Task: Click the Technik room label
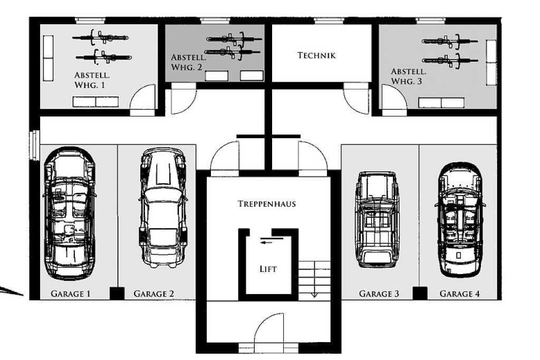pyautogui.click(x=316, y=55)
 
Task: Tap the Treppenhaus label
pyautogui.click(x=267, y=204)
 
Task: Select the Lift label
pyautogui.click(x=268, y=269)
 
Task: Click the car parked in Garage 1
pyautogui.click(x=70, y=213)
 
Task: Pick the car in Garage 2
pyautogui.click(x=163, y=208)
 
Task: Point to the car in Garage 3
pyautogui.click(x=378, y=219)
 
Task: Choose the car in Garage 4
pyautogui.click(x=459, y=220)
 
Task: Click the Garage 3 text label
pyautogui.click(x=379, y=294)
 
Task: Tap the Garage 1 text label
pyautogui.click(x=71, y=294)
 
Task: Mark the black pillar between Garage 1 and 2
pyautogui.click(x=117, y=293)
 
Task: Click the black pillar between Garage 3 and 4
pyautogui.click(x=420, y=293)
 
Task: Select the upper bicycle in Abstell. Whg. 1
pyautogui.click(x=100, y=37)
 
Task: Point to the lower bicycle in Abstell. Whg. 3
pyautogui.click(x=450, y=61)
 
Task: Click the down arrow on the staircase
pyautogui.click(x=314, y=295)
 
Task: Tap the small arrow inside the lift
pyautogui.click(x=266, y=242)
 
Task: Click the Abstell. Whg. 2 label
pyautogui.click(x=188, y=62)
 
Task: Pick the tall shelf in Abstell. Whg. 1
pyautogui.click(x=48, y=58)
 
